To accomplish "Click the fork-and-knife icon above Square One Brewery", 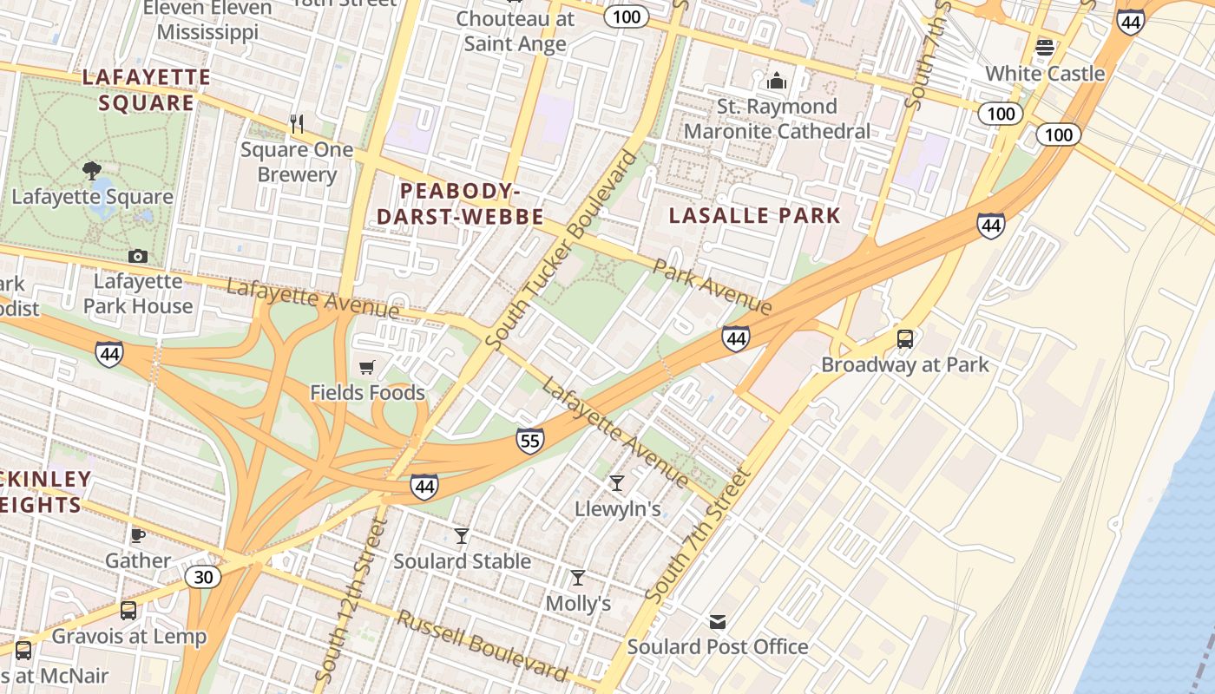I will (x=297, y=124).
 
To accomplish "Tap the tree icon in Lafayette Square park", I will (x=92, y=170).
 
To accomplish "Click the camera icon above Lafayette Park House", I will (x=137, y=256).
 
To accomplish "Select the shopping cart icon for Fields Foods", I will (x=367, y=368).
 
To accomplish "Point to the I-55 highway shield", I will (x=530, y=441).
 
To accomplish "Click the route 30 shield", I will (x=203, y=577).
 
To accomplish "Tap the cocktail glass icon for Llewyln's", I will (x=617, y=483).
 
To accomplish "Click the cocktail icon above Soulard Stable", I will (x=462, y=536).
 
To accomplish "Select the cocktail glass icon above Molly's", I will (x=577, y=578).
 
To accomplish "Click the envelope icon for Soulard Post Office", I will (x=718, y=621).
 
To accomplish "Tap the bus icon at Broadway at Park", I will (x=905, y=338).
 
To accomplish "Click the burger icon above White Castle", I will (x=1045, y=47).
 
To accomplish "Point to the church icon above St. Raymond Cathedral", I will (x=777, y=82).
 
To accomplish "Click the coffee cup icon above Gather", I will (x=137, y=535).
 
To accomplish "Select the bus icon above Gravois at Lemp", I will (x=128, y=611).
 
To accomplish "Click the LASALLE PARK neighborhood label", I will (x=755, y=216).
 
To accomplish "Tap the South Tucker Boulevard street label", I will (x=562, y=251).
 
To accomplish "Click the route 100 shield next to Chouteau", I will (x=627, y=16).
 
